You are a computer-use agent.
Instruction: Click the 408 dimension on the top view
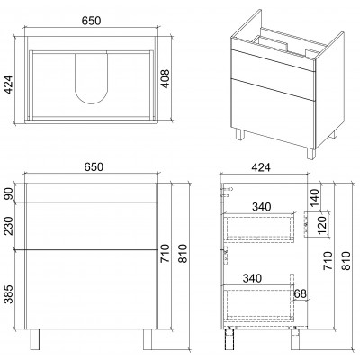[166, 79]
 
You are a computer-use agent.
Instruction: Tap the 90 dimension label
[9, 193]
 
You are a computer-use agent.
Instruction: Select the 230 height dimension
[9, 226]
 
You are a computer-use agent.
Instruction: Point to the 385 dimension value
[9, 294]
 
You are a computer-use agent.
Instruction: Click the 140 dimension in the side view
[315, 198]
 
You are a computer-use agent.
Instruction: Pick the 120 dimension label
[321, 226]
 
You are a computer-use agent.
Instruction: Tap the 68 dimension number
[301, 293]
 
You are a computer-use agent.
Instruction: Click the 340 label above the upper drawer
[261, 207]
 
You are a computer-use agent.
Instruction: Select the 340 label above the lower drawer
[252, 278]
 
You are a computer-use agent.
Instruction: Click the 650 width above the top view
[92, 21]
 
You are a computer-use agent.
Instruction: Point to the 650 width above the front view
[94, 167]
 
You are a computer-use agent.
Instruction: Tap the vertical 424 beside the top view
[9, 85]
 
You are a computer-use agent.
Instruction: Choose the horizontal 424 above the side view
[261, 167]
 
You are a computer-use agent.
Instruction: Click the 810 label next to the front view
[183, 254]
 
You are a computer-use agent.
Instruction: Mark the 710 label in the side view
[328, 260]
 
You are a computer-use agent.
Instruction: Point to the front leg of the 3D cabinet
[311, 154]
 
